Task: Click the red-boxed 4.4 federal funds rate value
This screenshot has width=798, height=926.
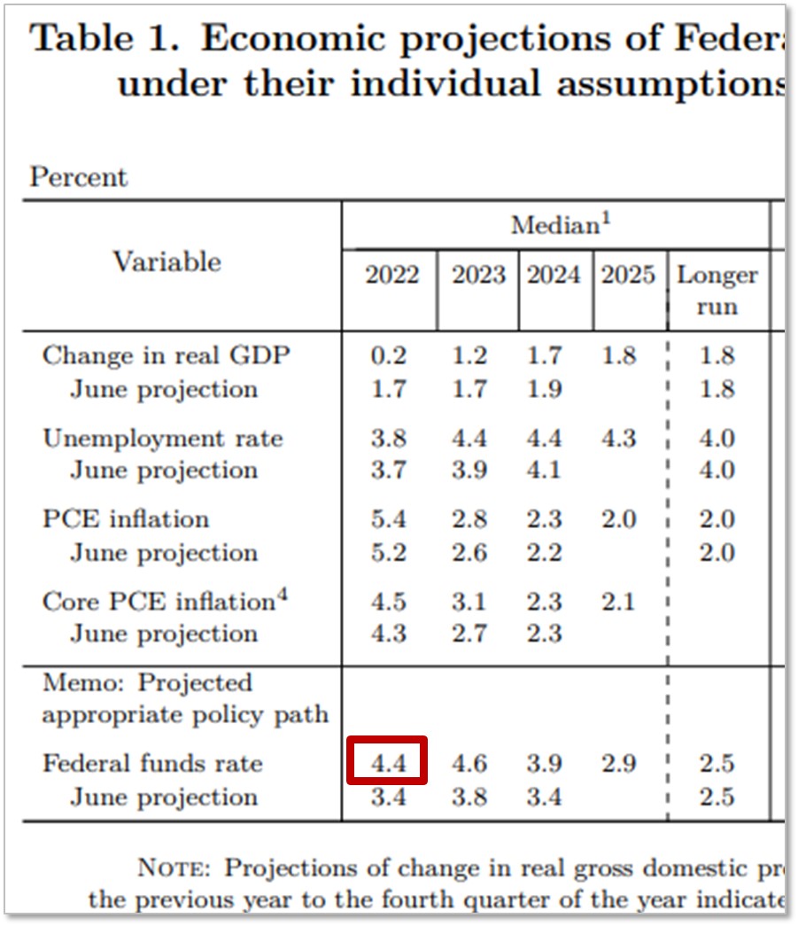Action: (387, 762)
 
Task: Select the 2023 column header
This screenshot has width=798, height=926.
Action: (478, 276)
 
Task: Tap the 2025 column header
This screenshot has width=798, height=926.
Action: (628, 276)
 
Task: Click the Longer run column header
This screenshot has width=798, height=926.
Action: (717, 291)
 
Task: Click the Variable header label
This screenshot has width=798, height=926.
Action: (167, 261)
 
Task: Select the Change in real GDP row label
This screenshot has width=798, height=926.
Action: (167, 356)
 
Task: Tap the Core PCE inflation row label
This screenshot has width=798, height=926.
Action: (165, 601)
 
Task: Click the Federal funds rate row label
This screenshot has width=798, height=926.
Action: (152, 763)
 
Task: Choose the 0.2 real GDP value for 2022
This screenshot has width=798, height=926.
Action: (388, 356)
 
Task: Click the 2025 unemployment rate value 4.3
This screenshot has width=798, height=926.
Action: (618, 438)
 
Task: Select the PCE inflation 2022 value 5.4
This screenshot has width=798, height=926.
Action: (388, 519)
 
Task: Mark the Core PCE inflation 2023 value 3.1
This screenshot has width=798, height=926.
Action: (469, 601)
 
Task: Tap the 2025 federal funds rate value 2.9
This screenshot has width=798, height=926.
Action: (618, 763)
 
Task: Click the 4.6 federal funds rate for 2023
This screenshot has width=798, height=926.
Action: (469, 763)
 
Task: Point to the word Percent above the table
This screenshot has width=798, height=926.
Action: (79, 177)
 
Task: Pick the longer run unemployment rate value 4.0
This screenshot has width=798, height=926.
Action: (717, 438)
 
